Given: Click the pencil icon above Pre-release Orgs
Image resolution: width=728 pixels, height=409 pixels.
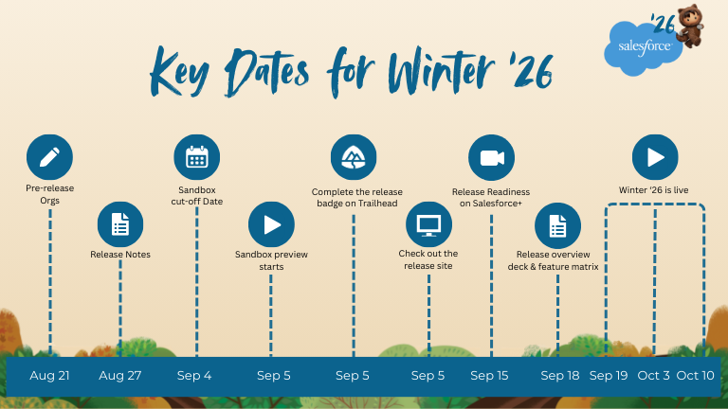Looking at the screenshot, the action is (49, 157).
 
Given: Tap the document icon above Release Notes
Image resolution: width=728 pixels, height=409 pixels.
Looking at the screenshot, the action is (120, 224).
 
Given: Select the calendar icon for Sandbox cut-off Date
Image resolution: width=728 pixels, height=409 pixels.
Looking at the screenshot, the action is (197, 157).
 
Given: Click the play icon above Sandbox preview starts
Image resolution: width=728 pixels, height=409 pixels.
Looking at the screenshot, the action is (271, 224).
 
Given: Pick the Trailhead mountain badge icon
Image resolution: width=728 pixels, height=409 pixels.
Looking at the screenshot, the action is (354, 157).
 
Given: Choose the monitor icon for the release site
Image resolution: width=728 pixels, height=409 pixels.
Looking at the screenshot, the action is (428, 224).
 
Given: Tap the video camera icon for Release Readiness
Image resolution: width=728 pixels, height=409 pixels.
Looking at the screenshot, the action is (491, 158).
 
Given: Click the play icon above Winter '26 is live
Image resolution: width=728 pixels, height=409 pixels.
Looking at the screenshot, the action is (655, 157).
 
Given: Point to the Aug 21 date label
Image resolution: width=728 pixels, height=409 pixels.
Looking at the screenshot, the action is (49, 376).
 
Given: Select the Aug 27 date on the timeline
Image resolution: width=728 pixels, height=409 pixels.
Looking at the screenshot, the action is (120, 376).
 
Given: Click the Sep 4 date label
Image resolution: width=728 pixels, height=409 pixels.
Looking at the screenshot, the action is (194, 376).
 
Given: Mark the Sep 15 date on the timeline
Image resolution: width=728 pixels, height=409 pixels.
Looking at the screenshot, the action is (489, 376).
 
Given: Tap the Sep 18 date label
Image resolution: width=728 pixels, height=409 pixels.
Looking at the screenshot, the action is (560, 376).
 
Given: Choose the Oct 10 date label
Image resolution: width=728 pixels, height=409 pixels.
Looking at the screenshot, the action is (695, 376).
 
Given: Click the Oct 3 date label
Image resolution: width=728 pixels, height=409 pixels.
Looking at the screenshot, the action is (654, 376).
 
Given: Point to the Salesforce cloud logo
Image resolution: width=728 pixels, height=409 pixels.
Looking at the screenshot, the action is (643, 48).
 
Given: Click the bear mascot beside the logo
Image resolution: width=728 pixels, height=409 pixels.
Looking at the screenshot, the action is (691, 26).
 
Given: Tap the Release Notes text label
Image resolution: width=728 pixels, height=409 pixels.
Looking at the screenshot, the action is (120, 255).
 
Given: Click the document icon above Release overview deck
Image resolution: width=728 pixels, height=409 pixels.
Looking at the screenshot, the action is (557, 225).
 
